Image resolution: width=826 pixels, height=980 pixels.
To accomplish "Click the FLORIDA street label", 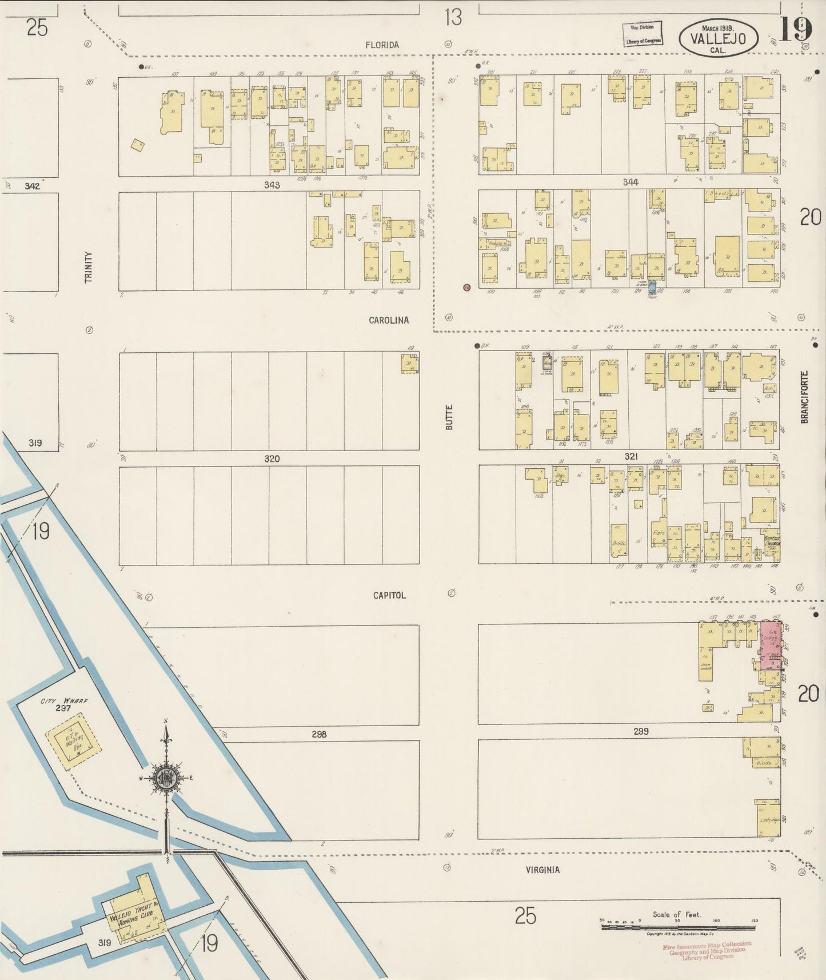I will pos(383,45).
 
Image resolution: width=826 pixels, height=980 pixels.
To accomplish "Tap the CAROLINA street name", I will pos(389,320).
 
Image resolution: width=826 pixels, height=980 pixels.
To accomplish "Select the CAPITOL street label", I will pos(389,595).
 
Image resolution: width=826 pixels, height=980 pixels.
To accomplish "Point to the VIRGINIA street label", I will pos(542,870).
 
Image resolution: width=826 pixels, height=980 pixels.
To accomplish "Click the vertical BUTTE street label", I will pos(449,417).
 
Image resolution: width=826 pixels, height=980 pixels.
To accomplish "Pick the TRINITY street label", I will pos(88,267).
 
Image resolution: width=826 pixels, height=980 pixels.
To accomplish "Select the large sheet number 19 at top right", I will pos(795,29).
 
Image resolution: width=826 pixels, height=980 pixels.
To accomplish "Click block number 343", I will pos(272,185).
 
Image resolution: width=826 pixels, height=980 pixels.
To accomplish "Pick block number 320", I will pos(272,459).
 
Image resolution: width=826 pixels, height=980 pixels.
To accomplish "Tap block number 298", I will pos(319,734).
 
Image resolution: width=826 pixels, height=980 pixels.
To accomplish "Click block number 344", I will pos(631,182).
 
